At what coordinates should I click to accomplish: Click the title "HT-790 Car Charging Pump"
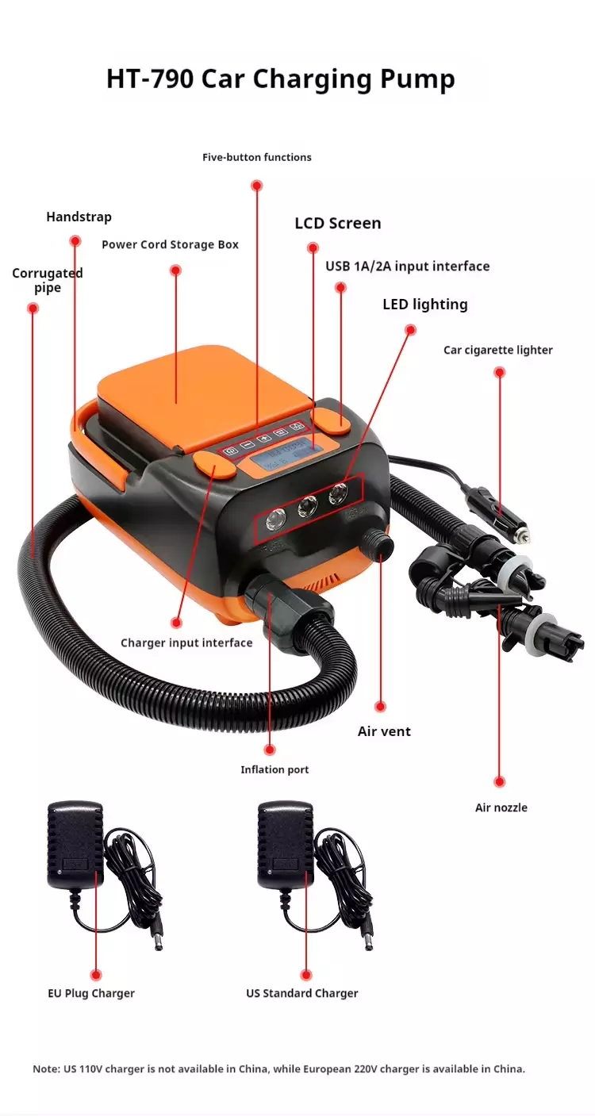(x=281, y=79)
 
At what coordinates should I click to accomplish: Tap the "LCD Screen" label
(x=338, y=223)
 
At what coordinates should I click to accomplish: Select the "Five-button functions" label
(x=256, y=157)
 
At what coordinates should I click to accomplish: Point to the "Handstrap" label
(x=79, y=217)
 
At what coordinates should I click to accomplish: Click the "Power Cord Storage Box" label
(x=170, y=244)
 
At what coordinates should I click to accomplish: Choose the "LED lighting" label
(x=425, y=304)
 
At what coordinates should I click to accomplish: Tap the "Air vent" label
(x=384, y=731)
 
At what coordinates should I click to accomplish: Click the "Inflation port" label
(x=274, y=769)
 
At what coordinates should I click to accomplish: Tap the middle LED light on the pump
(x=308, y=507)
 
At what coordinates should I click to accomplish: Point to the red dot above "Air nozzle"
(x=499, y=782)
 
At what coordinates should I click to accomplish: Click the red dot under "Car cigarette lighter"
(x=500, y=372)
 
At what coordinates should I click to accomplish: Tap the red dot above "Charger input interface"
(x=176, y=623)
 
